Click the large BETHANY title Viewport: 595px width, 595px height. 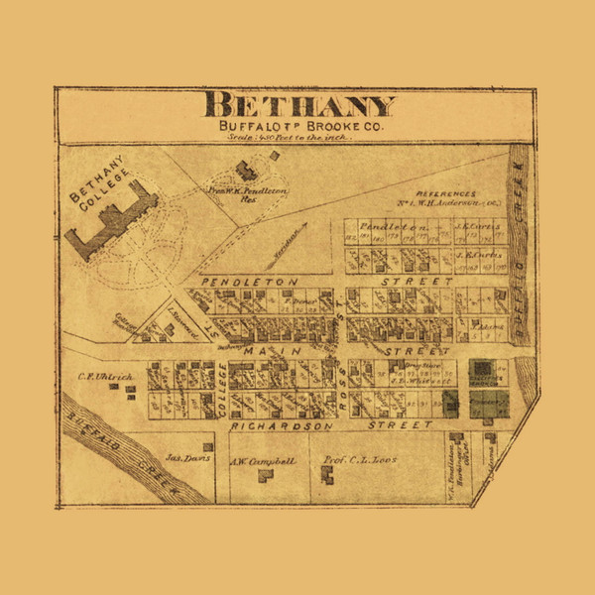tap(299, 105)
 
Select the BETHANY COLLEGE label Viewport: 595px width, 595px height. tap(95, 185)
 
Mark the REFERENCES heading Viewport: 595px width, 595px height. tap(446, 194)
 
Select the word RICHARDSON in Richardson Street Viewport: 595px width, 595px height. tap(272, 425)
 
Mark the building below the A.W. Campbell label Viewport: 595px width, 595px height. tap(266, 476)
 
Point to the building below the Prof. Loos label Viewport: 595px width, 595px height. tap(327, 477)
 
